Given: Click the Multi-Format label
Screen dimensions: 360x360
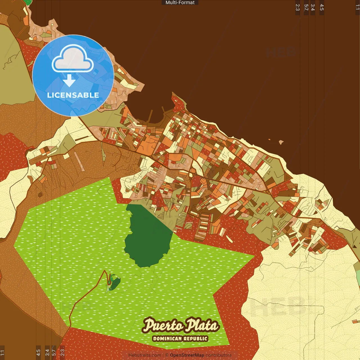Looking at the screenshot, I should [x=180, y=3].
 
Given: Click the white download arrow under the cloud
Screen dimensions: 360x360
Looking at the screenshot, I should [x=69, y=81].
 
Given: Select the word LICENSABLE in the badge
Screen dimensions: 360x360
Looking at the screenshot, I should [x=73, y=95].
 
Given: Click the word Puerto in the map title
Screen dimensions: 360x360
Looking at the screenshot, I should [x=163, y=326].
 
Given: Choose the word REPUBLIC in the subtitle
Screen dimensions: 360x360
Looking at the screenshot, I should [x=195, y=339].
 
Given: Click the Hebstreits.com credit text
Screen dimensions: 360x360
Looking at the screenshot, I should [x=145, y=355].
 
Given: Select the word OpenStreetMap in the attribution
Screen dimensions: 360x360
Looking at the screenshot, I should [x=187, y=355].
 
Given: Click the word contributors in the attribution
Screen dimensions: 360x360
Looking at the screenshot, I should [x=219, y=355].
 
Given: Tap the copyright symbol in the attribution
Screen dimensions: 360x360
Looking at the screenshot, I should [x=167, y=355].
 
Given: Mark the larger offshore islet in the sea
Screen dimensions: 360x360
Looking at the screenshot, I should [x=281, y=142].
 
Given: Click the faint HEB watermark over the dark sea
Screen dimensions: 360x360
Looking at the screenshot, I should [x=281, y=52].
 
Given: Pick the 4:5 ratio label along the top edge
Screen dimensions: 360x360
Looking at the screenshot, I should [x=322, y=7].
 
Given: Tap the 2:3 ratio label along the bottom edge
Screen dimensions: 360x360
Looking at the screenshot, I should [x=62, y=352].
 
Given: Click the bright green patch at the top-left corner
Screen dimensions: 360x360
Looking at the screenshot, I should [x=28, y=2].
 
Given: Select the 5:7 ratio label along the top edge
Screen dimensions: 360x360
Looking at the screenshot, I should [x=306, y=7].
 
